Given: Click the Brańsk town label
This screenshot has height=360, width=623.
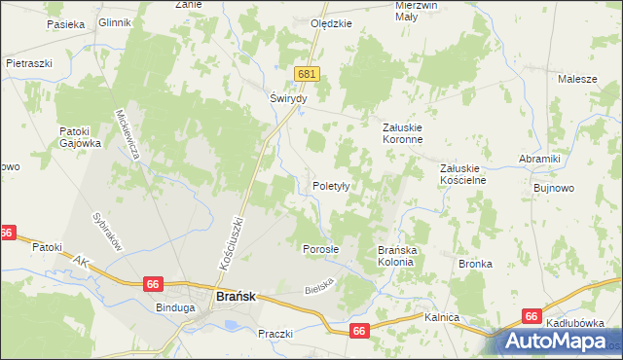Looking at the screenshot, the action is click(234, 298).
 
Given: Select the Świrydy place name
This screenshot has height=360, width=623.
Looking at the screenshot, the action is click(288, 98).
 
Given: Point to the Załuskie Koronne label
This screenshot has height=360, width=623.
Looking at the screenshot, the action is click(402, 132).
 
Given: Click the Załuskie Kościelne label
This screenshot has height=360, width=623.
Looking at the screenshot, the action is click(462, 173).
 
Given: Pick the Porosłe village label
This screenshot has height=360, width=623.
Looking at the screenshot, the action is click(320, 248).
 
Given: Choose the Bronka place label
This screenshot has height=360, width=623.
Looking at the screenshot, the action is click(475, 264).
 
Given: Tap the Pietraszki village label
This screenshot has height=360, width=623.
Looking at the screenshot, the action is click(28, 62).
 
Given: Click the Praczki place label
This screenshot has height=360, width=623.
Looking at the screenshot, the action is click(275, 334).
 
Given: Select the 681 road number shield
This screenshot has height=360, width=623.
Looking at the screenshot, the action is click(309, 73).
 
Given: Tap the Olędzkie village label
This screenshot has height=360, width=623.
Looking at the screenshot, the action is click(329, 24).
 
